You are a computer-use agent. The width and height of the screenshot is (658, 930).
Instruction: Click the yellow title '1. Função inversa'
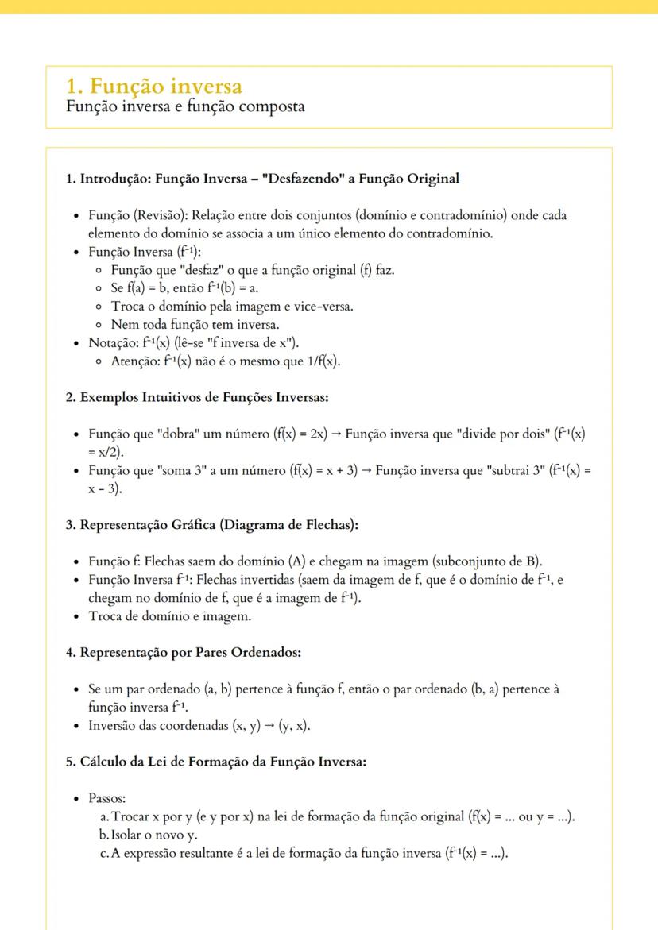(155, 86)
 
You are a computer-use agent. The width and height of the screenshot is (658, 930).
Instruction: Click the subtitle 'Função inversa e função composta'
(185, 106)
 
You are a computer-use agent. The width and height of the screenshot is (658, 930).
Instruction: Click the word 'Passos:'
(107, 798)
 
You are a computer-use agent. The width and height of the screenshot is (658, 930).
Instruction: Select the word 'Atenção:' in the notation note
(136, 361)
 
